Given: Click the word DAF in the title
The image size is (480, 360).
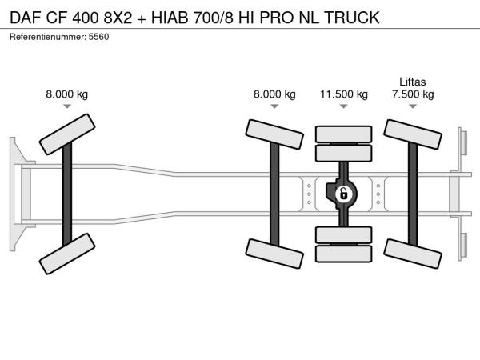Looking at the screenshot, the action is tap(26, 17).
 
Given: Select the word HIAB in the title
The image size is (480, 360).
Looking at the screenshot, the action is tap(170, 17).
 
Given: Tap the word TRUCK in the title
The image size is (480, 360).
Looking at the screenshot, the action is tap(352, 17).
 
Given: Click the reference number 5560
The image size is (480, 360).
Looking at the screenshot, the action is tap(98, 37).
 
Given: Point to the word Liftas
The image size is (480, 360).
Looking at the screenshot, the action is tap(412, 82).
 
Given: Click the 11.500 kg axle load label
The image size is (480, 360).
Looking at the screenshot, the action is tap(344, 94).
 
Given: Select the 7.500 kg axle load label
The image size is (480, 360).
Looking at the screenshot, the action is tap(413, 94).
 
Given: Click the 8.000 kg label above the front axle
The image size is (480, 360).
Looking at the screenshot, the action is tap(66, 94).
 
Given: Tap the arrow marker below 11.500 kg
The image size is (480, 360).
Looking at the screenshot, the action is tap(344, 106).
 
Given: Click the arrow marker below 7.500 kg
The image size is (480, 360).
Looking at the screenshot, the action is tap(413, 106).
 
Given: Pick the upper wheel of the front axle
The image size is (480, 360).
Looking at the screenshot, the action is tap(67, 134).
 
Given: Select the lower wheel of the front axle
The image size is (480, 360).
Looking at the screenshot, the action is tap(67, 254).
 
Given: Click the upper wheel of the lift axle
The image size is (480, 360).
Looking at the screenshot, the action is tap(413, 134).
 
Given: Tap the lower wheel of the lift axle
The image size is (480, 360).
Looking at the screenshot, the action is tap(413, 254).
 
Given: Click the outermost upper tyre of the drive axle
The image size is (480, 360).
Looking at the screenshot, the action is tap(344, 134).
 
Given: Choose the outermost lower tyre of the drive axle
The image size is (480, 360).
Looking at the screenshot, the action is tap(344, 254).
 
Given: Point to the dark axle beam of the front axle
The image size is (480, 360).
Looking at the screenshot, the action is tap(67, 194).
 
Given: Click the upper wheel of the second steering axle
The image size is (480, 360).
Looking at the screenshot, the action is tap(274, 134).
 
